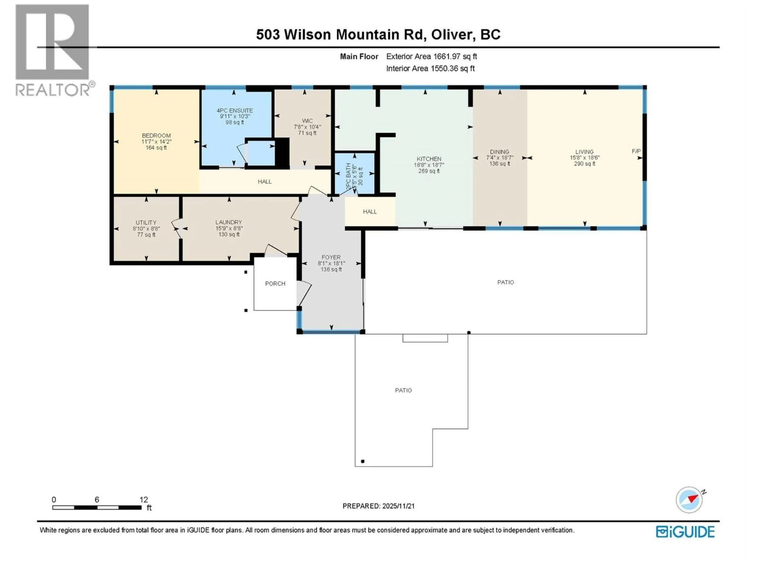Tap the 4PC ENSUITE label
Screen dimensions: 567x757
pyautogui.click(x=235, y=110)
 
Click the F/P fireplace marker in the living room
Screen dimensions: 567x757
pyautogui.click(x=636, y=151)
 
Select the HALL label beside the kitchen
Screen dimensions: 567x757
pyautogui.click(x=370, y=212)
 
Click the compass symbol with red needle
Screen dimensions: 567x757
pyautogui.click(x=689, y=500)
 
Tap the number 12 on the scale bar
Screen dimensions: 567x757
pyautogui.click(x=144, y=500)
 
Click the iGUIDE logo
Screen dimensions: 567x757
pyautogui.click(x=685, y=532)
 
